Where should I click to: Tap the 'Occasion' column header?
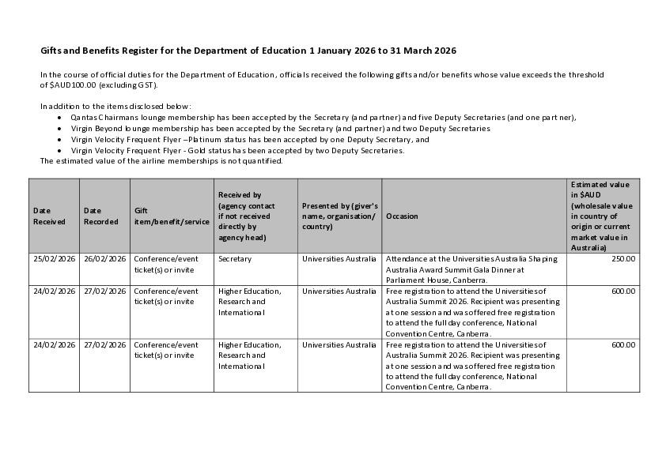402,216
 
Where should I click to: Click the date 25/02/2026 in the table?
54,258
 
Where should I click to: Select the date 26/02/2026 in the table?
104,258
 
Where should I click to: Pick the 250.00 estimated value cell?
622,258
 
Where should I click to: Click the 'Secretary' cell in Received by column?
235,258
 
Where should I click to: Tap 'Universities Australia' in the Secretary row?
339,258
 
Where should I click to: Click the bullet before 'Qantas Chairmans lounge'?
60,118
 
